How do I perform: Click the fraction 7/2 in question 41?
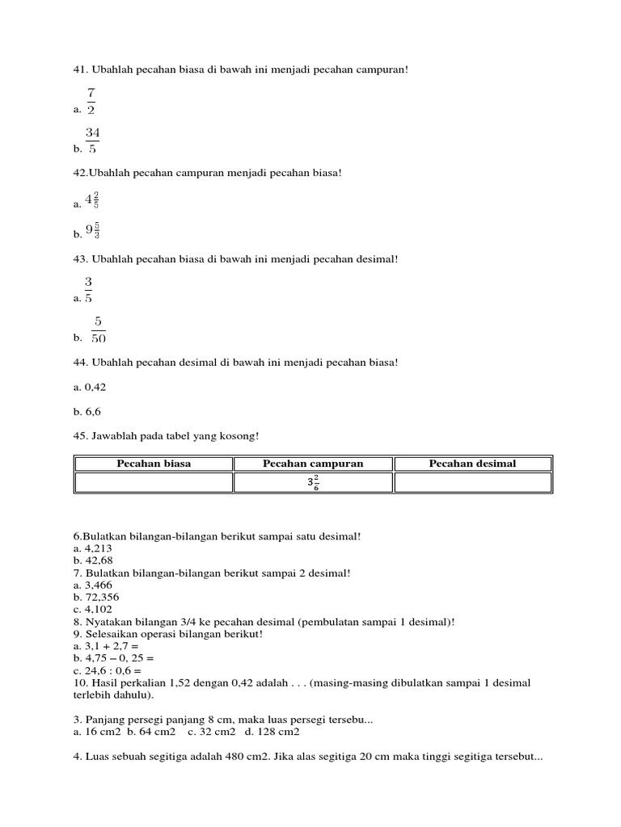pyautogui.click(x=91, y=101)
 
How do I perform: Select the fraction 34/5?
pyautogui.click(x=92, y=140)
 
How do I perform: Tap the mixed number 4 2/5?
pyautogui.click(x=92, y=200)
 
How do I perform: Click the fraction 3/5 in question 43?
pyautogui.click(x=88, y=290)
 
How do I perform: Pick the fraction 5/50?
pyautogui.click(x=99, y=330)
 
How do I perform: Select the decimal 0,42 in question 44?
pyautogui.click(x=94, y=387)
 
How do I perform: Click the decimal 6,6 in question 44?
pyautogui.click(x=91, y=411)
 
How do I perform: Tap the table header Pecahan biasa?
pyautogui.click(x=154, y=464)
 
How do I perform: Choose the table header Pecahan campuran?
pyautogui.click(x=313, y=464)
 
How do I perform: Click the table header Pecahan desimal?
pyautogui.click(x=472, y=464)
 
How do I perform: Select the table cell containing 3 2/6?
pyautogui.click(x=313, y=483)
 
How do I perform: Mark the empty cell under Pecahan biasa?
pyautogui.click(x=154, y=483)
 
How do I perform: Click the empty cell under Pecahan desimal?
pyautogui.click(x=472, y=483)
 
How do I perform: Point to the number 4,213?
pyautogui.click(x=96, y=548)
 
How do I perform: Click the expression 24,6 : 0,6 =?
pyautogui.click(x=112, y=670)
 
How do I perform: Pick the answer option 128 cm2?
pyautogui.click(x=277, y=732)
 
